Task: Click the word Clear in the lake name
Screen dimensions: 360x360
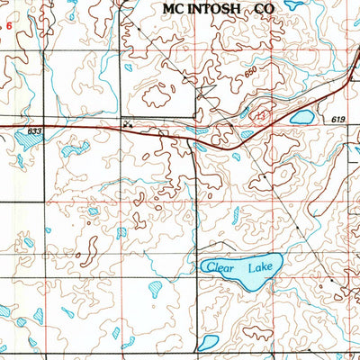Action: [219, 267]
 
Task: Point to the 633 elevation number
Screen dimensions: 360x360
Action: [34, 131]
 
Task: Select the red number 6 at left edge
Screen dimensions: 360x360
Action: [10, 26]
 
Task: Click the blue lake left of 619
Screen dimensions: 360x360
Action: [301, 117]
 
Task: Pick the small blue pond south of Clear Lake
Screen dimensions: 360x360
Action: [209, 342]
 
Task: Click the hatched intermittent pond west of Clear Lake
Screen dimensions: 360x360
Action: [157, 290]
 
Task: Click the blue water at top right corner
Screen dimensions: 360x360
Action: [293, 4]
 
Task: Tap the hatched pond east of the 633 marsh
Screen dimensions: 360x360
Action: [75, 148]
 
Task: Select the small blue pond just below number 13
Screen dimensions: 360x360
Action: [246, 135]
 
